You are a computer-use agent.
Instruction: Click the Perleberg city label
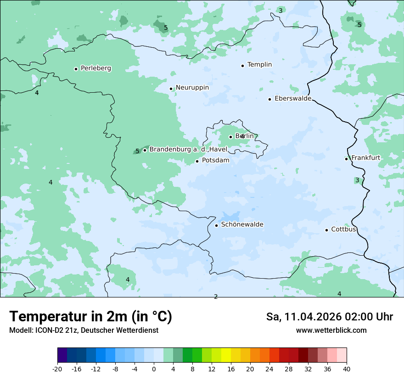(95, 68)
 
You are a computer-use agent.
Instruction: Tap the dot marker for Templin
(242, 66)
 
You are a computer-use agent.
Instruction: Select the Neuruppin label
(192, 88)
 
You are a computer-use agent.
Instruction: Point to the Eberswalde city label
(292, 99)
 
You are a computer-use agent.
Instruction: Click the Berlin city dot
(230, 137)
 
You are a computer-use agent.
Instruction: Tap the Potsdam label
(215, 161)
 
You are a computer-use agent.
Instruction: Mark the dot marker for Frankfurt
(346, 159)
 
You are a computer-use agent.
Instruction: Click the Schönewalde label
(242, 225)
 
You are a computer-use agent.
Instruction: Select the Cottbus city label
(343, 230)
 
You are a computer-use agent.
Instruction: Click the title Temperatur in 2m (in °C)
(91, 316)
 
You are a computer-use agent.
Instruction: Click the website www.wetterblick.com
(331, 331)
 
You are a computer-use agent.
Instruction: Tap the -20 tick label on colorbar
(57, 369)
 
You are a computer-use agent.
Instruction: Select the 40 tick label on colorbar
(347, 369)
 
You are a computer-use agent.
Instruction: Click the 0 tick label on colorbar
(154, 369)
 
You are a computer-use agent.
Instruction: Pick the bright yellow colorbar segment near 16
(226, 355)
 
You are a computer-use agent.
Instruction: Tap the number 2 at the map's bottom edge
(216, 297)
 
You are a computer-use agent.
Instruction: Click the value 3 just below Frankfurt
(357, 180)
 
